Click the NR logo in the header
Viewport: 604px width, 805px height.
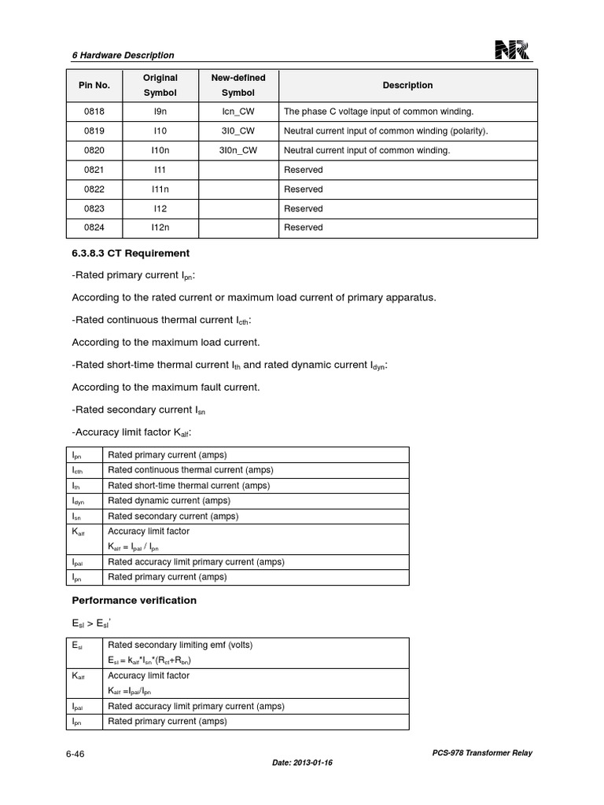coord(512,51)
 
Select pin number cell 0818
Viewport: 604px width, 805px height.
coord(94,112)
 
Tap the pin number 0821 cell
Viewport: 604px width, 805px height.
coord(94,170)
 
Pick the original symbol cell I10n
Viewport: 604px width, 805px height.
coord(160,150)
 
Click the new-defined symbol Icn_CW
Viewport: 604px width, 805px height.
coord(238,112)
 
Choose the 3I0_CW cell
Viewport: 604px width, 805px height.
coord(238,131)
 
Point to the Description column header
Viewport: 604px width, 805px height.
coord(407,85)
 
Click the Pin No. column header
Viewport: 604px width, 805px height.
coord(94,85)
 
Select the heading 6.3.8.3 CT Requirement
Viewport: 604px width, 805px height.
coord(131,253)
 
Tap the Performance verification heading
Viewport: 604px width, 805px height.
coord(134,600)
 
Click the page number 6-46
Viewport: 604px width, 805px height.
coord(75,753)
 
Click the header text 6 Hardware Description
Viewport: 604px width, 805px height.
coord(123,55)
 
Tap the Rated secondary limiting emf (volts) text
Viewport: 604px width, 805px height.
coord(180,645)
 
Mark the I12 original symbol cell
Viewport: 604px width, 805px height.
coord(160,208)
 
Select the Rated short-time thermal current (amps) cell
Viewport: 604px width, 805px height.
coord(178,485)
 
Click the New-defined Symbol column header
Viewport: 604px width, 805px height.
coord(238,85)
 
